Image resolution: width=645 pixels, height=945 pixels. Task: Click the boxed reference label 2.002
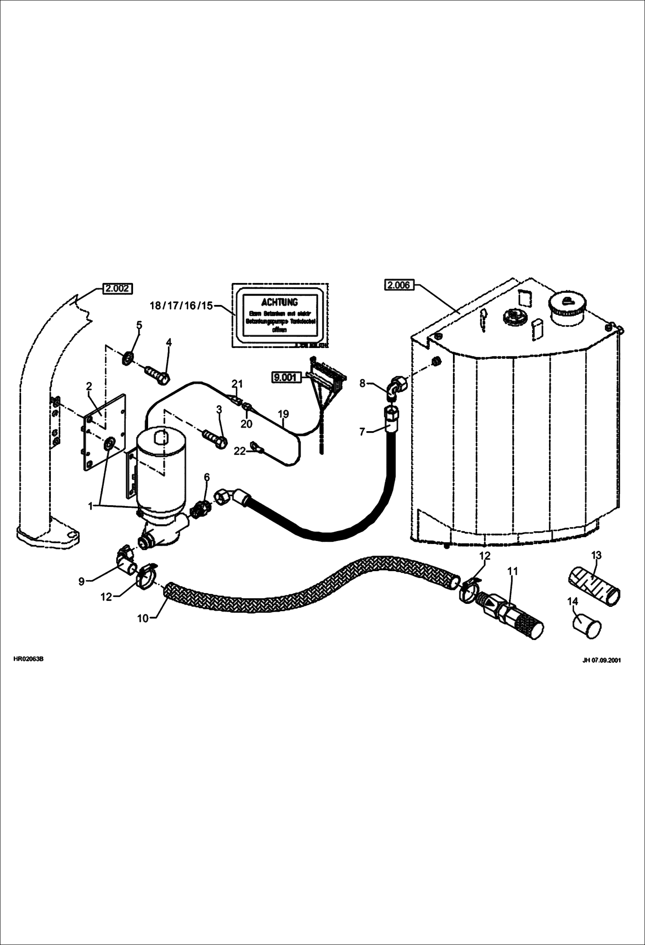tap(118, 288)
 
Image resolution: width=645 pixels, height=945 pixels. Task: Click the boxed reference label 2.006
tap(399, 285)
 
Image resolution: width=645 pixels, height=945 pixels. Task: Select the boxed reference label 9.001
tap(285, 378)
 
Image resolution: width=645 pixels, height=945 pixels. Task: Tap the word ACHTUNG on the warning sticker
tap(279, 302)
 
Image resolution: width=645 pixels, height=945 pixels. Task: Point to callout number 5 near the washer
tap(139, 325)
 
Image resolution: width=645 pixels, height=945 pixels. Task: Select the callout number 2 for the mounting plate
tap(89, 386)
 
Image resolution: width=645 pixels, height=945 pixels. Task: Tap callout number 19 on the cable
tap(283, 414)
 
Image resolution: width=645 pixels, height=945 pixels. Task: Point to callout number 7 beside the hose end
tap(362, 431)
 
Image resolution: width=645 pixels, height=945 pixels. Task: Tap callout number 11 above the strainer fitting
tap(512, 571)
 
